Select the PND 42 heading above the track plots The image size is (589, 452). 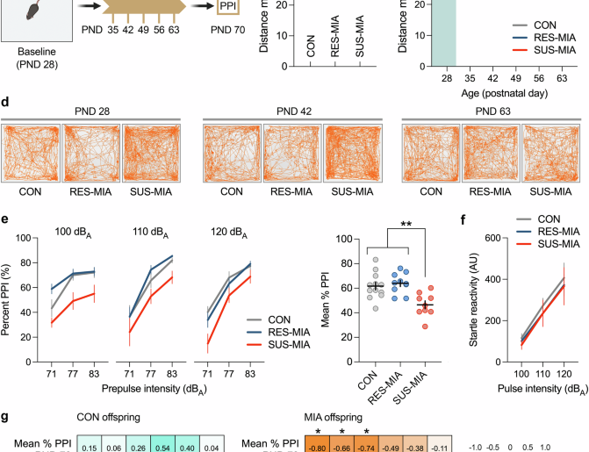point(291,113)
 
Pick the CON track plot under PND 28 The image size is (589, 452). point(32,153)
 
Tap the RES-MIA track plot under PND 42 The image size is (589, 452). point(291,153)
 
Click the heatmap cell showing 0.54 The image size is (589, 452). point(162,447)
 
